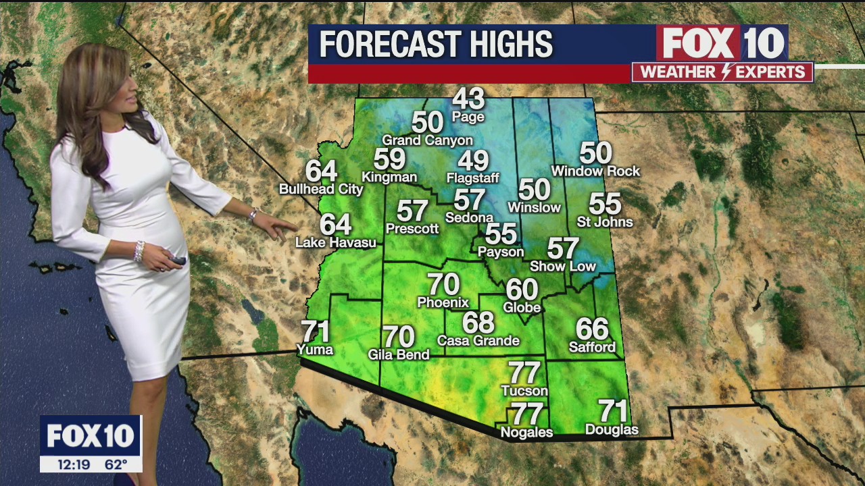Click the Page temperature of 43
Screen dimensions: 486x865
point(468,99)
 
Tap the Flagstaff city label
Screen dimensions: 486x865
point(472,178)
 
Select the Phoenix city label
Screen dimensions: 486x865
point(443,302)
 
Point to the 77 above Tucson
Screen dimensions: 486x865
point(524,373)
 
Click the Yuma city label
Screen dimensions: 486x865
point(315,349)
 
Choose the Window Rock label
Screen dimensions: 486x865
point(595,171)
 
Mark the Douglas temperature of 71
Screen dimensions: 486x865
point(613,410)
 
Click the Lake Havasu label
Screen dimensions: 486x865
point(336,242)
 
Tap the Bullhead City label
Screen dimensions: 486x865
point(321,189)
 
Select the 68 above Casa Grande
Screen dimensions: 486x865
point(478,322)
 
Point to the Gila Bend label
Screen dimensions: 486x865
point(399,354)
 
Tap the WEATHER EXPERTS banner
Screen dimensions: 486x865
point(722,72)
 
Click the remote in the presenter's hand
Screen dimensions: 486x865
point(177,260)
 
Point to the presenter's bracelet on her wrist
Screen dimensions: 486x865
point(139,251)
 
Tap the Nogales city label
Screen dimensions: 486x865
point(526,432)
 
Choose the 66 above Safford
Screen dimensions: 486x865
point(592,329)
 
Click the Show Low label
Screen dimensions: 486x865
point(563,267)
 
